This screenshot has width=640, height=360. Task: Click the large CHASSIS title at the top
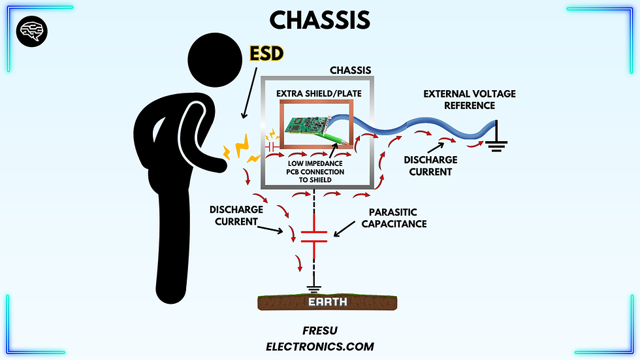click(x=319, y=20)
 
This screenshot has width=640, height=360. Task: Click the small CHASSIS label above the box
click(x=351, y=70)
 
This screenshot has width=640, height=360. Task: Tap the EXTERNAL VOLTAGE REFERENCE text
click(x=469, y=99)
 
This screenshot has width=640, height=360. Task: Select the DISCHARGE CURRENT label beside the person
click(x=236, y=216)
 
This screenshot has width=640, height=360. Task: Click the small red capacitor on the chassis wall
click(x=271, y=149)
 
